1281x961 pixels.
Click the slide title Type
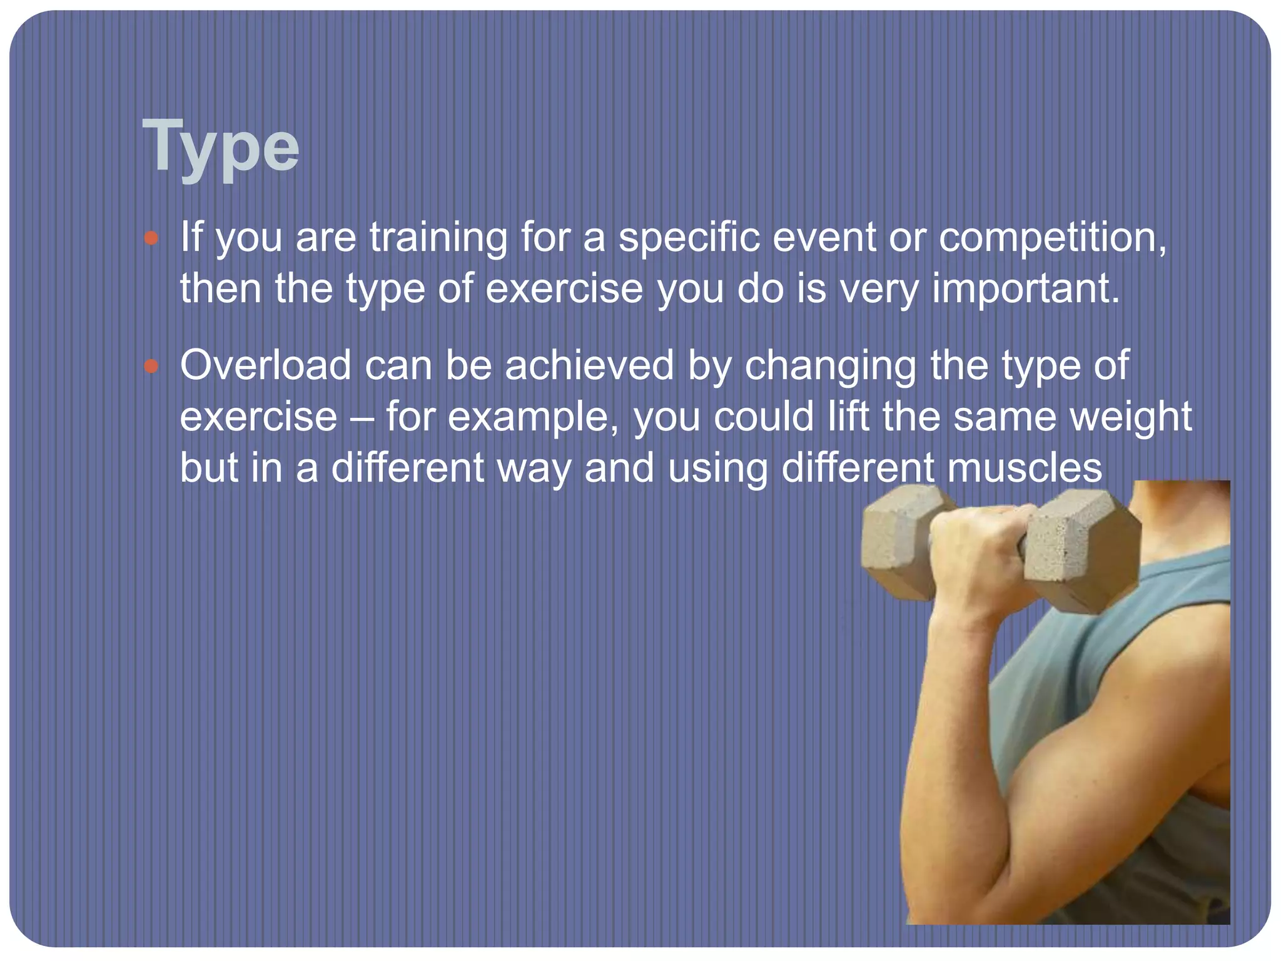pyautogui.click(x=221, y=147)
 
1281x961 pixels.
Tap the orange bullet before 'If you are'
pyautogui.click(x=151, y=238)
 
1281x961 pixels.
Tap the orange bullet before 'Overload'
pyautogui.click(x=151, y=366)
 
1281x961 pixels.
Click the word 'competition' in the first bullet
pyautogui.click(x=1051, y=238)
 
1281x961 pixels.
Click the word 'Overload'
pyautogui.click(x=265, y=365)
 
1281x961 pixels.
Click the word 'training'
pyautogui.click(x=438, y=238)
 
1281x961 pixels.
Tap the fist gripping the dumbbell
pyautogui.click(x=982, y=557)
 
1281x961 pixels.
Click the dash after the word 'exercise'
pyautogui.click(x=362, y=418)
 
